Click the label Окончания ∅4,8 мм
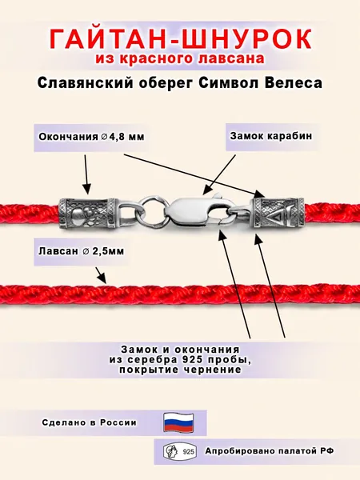pos(91,137)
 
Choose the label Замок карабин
pos(271,136)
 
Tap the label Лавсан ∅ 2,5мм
pos(82,251)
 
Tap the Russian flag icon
pos(178,422)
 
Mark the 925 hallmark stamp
pos(180,451)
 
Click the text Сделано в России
pos(90,422)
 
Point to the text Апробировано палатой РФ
pos(270,451)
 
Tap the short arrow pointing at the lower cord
pos(101,275)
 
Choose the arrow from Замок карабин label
pos(218,174)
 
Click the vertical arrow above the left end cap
pos(86,174)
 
